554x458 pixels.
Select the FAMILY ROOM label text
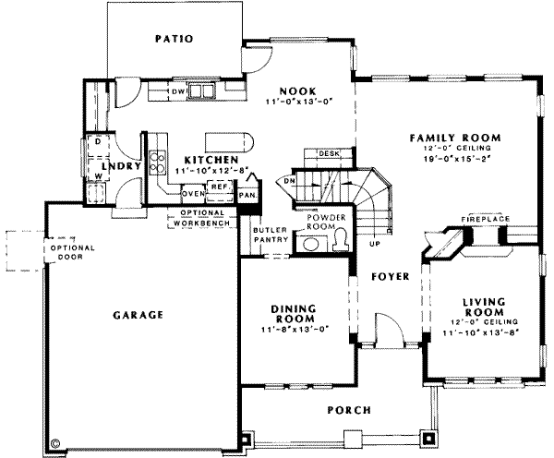click(x=452, y=138)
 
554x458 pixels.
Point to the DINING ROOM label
click(x=295, y=313)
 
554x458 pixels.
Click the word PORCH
click(x=348, y=410)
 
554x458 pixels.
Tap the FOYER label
click(x=391, y=276)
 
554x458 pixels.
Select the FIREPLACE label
click(x=487, y=219)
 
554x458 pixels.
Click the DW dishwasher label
click(x=179, y=92)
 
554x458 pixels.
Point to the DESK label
click(x=329, y=153)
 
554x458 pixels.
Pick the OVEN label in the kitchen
click(x=192, y=194)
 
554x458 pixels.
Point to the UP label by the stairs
click(x=374, y=245)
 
